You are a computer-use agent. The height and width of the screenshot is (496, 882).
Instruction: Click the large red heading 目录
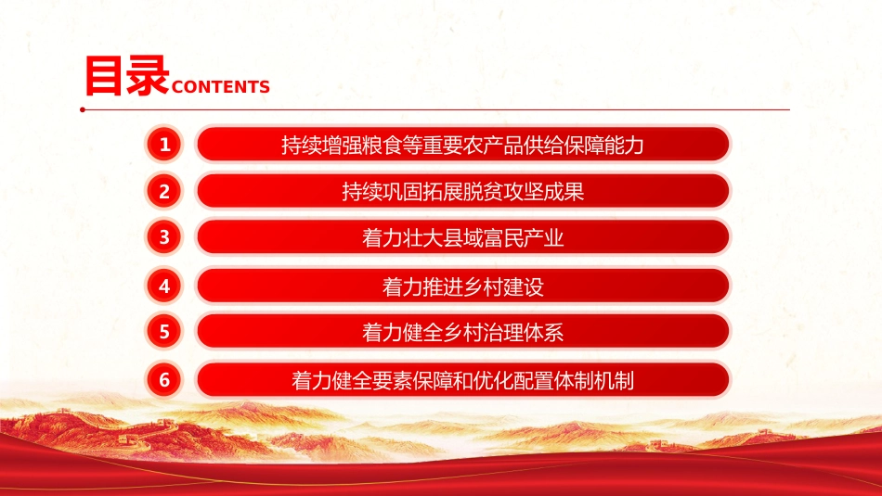(x=127, y=75)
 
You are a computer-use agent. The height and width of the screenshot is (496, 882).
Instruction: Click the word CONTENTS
(x=221, y=87)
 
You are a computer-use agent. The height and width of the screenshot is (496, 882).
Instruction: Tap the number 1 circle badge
(x=164, y=145)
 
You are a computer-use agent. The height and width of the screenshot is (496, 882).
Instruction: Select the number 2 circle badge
(x=164, y=191)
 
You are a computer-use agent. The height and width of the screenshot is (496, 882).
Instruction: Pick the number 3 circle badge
(x=164, y=237)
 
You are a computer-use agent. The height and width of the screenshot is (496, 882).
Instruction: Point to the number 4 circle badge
(x=164, y=286)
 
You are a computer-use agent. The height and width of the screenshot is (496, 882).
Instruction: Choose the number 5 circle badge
(x=164, y=331)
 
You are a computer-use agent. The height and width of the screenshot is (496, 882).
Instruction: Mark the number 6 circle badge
(x=164, y=380)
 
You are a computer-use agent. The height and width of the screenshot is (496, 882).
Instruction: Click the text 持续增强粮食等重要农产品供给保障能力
(x=462, y=146)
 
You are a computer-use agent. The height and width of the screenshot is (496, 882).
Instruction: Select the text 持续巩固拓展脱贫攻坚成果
(x=462, y=192)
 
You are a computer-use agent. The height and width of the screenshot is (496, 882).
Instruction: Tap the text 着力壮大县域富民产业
(x=462, y=238)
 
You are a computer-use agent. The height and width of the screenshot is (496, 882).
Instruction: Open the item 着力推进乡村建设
(x=462, y=287)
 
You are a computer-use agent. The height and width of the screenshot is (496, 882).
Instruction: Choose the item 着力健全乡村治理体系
(x=462, y=333)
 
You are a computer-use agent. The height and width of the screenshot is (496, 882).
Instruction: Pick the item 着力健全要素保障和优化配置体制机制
(x=462, y=381)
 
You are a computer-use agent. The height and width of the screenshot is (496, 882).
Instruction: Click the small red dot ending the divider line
(x=83, y=109)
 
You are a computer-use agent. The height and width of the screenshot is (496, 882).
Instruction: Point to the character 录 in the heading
(x=148, y=75)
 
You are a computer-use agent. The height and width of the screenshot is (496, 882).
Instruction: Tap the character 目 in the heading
(x=104, y=75)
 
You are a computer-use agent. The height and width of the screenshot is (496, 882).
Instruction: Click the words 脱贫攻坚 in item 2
(x=503, y=192)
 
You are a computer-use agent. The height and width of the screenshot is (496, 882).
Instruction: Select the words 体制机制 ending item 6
(x=594, y=381)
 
